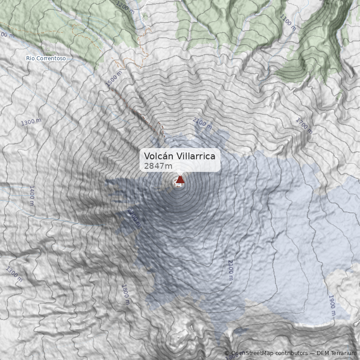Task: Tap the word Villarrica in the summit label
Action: click(x=196, y=156)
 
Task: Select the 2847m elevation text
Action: click(x=158, y=166)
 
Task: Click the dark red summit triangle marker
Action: click(x=180, y=180)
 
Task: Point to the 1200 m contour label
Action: click(x=125, y=7)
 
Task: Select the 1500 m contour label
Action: click(x=114, y=79)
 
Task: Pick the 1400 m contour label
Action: click(x=31, y=195)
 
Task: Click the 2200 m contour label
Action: click(x=133, y=218)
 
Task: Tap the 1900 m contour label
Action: click(x=332, y=306)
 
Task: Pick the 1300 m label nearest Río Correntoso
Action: click(x=31, y=122)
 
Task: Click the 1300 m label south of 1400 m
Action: click(x=14, y=274)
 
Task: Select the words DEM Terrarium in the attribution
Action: click(x=336, y=353)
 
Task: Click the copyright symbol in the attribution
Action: click(x=227, y=353)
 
